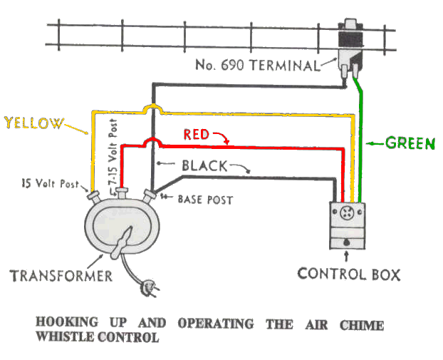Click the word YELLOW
(x=33, y=123)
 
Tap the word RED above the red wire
(x=197, y=133)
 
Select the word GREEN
(x=410, y=143)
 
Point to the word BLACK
(x=204, y=166)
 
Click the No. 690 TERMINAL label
(x=258, y=66)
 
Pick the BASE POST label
(x=204, y=200)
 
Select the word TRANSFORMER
(x=60, y=275)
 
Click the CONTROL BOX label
(x=349, y=274)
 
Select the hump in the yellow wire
(x=153, y=108)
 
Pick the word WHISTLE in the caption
(x=68, y=337)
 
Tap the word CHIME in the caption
(x=363, y=325)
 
